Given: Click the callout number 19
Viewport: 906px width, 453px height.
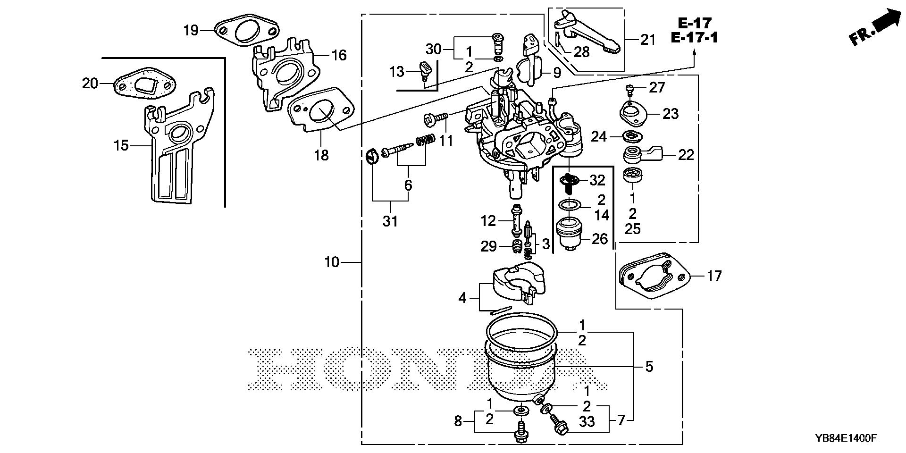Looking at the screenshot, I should (192, 31).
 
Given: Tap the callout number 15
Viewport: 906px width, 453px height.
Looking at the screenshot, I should (121, 145).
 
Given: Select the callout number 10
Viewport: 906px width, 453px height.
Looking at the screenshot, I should (332, 262).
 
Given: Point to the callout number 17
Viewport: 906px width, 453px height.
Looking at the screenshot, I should (714, 276).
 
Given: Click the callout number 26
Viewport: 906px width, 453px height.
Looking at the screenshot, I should (599, 239).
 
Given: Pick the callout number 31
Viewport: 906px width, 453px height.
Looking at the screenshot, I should (390, 221).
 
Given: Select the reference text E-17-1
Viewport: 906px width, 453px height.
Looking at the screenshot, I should (695, 38).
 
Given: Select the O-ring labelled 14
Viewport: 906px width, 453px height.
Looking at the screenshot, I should (570, 206).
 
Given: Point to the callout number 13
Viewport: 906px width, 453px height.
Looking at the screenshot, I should (397, 72).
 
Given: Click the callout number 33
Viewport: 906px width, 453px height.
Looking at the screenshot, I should (587, 421).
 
